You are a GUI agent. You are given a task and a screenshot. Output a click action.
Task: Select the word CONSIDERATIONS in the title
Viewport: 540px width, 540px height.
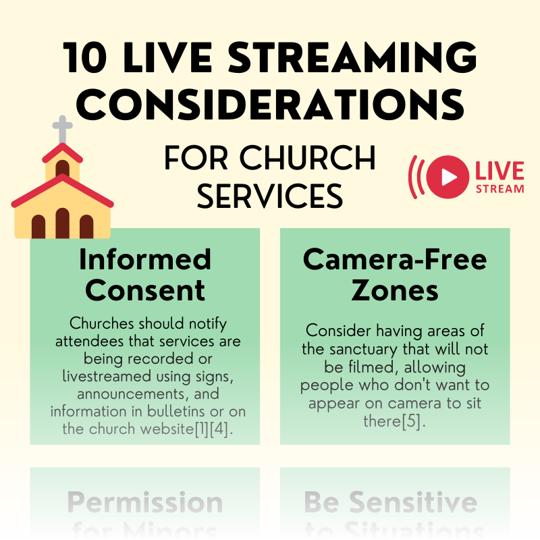(275, 105)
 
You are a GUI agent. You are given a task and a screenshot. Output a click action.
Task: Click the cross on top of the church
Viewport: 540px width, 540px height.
(62, 128)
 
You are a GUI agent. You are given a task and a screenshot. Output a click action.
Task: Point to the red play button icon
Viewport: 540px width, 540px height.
(448, 177)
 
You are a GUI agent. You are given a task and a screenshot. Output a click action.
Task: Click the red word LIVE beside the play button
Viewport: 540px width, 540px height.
(500, 170)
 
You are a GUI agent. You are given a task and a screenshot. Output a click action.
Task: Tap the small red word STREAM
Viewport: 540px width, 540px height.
(500, 189)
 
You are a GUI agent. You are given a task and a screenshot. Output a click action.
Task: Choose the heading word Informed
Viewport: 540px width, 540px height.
(144, 259)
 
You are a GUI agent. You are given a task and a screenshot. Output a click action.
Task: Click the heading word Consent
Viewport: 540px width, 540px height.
(145, 290)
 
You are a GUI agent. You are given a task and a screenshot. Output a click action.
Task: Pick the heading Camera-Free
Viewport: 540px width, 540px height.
(395, 259)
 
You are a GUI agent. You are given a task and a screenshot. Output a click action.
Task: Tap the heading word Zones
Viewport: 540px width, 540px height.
(395, 290)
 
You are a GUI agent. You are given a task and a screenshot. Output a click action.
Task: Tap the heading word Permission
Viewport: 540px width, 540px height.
(145, 503)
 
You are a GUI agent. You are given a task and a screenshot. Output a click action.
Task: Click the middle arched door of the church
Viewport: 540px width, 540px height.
(63, 224)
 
